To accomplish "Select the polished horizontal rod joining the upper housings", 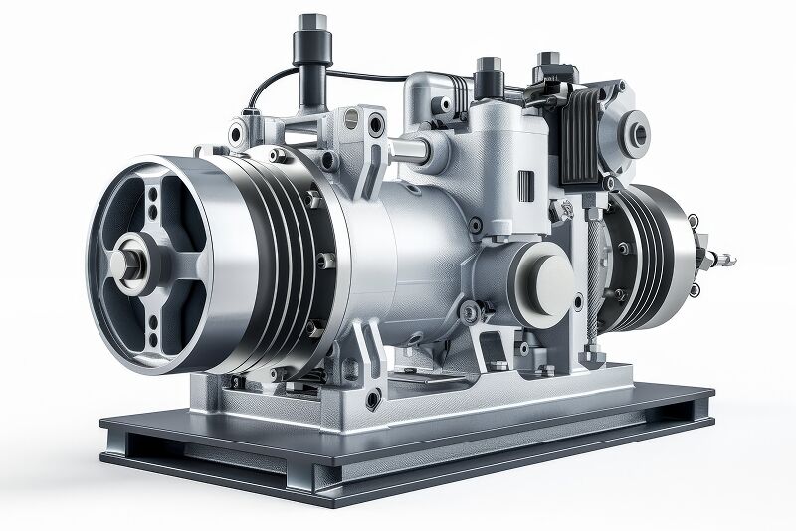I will point(408,150).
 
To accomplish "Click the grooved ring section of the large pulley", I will point(294,259).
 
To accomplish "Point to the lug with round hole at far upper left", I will point(237,132).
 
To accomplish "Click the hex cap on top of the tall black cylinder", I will point(310,21).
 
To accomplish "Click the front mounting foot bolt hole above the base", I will point(373,400).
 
